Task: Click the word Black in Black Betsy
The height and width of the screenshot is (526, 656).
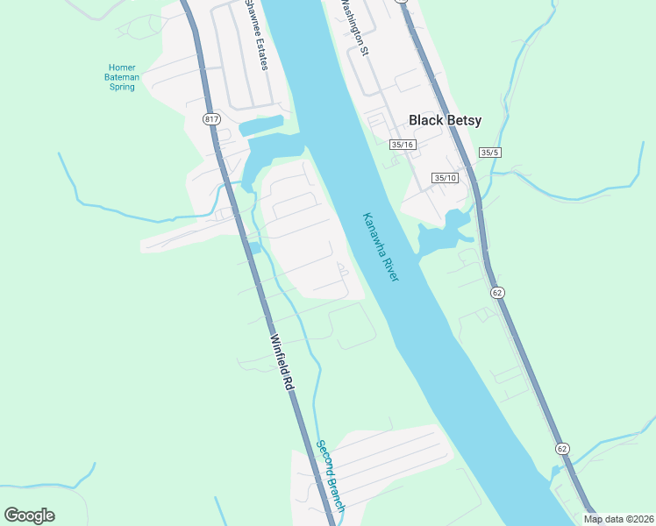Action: tap(427, 121)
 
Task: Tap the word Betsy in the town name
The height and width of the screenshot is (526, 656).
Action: tap(464, 121)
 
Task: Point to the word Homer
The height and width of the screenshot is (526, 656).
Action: tap(122, 68)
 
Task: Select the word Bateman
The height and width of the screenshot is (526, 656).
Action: tap(122, 77)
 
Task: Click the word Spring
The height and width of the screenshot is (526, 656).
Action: tap(122, 87)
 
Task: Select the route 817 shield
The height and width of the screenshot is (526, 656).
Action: tap(210, 119)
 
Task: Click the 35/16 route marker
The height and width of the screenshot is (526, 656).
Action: tap(403, 145)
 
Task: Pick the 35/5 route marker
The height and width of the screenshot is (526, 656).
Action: tap(489, 153)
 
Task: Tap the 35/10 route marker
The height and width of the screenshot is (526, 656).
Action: tap(446, 178)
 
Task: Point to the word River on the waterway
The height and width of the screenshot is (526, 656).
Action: tap(392, 270)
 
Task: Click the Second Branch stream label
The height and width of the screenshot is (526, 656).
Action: tap(331, 475)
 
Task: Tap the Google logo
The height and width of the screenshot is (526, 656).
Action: tap(29, 515)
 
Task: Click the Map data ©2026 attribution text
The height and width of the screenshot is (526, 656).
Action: tap(617, 519)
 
